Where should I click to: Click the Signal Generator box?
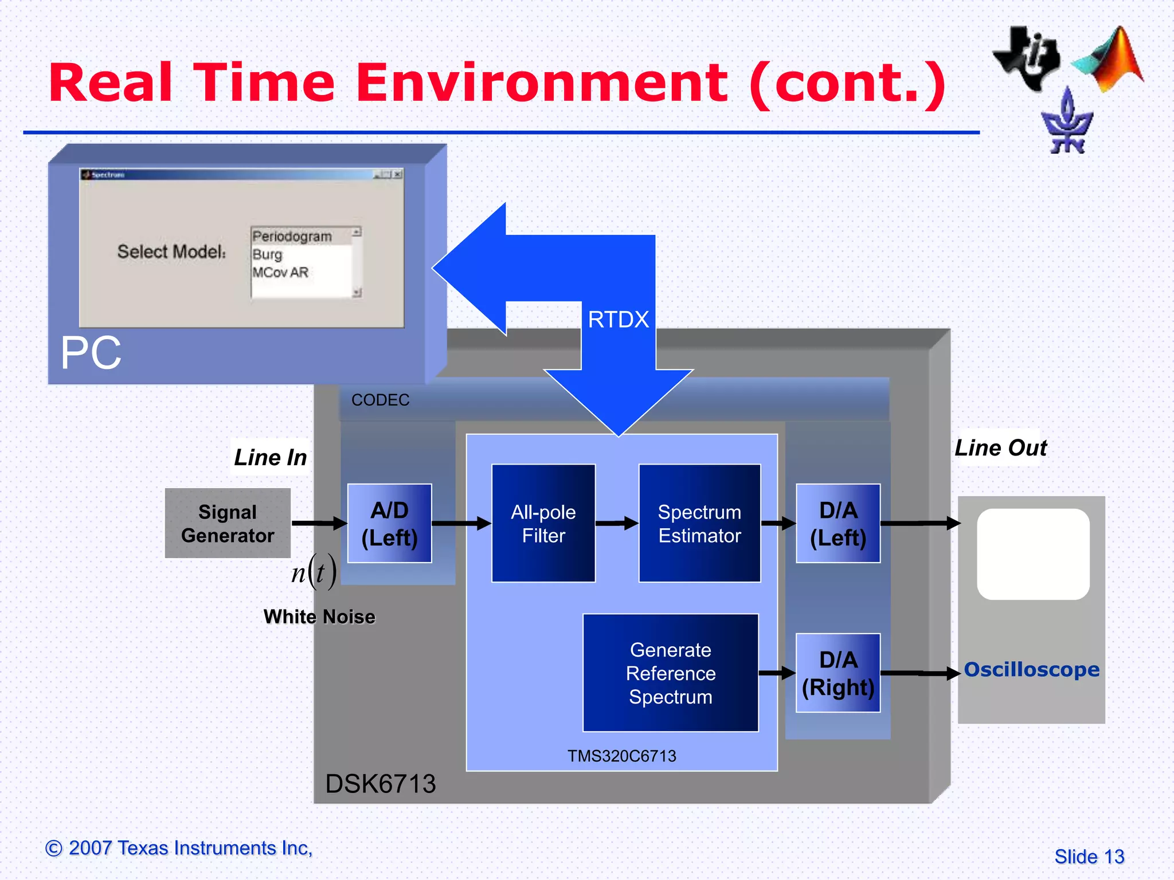[x=228, y=523]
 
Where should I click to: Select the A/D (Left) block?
[x=389, y=523]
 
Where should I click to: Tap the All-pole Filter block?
[x=543, y=523]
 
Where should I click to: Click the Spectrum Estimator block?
[x=699, y=523]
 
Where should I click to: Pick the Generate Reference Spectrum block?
[x=670, y=673]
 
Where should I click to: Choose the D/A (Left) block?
[x=838, y=523]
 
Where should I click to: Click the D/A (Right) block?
[x=838, y=673]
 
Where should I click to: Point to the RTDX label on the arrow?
[x=618, y=320]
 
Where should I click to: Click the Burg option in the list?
[x=268, y=254]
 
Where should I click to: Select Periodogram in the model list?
[x=292, y=237]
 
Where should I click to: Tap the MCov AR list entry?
[x=280, y=272]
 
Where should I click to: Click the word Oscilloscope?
[x=1031, y=669]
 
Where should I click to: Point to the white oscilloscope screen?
[x=1033, y=554]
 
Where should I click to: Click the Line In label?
[x=270, y=457]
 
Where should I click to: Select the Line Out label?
[x=1000, y=447]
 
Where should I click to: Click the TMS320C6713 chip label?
[x=621, y=756]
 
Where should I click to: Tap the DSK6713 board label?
[x=380, y=784]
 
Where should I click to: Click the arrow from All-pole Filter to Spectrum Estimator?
[x=617, y=523]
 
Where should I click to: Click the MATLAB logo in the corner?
[x=1112, y=60]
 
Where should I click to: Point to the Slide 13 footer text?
[x=1089, y=857]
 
